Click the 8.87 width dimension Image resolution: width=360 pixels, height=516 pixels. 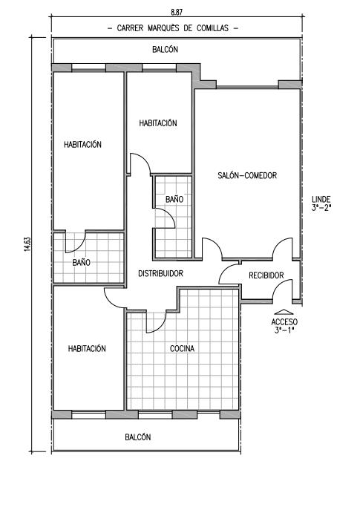pos(177,12)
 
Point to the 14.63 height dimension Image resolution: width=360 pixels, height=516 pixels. pos(27,244)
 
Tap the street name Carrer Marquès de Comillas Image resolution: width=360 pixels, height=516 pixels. pos(173,28)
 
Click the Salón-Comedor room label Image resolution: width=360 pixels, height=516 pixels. pos(247,175)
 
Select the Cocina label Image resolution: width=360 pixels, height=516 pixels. pos(182,348)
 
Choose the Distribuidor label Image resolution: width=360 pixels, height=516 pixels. pos(160,273)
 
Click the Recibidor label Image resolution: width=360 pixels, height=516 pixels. pos(266,275)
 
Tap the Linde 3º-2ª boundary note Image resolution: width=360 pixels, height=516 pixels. pos(321,203)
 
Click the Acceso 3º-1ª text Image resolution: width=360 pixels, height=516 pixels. pos(284,326)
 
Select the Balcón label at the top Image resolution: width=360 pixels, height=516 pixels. pos(166,49)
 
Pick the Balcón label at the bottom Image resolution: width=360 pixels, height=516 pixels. pos(138,437)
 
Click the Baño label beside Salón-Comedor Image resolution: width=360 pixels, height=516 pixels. pos(174,200)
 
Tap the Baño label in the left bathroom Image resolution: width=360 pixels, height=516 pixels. pos(82,262)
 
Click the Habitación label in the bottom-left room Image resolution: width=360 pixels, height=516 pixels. pos(87,348)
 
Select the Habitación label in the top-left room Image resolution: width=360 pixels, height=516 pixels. pos(82,144)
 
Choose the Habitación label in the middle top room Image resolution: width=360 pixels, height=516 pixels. pos(158,123)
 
